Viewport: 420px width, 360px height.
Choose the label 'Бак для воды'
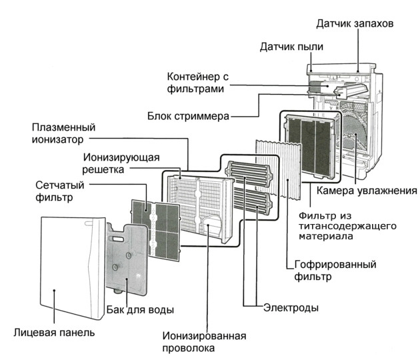tap(141, 310)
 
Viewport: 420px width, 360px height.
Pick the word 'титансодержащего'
tap(341, 225)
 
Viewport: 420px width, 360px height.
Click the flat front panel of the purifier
tap(70, 267)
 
